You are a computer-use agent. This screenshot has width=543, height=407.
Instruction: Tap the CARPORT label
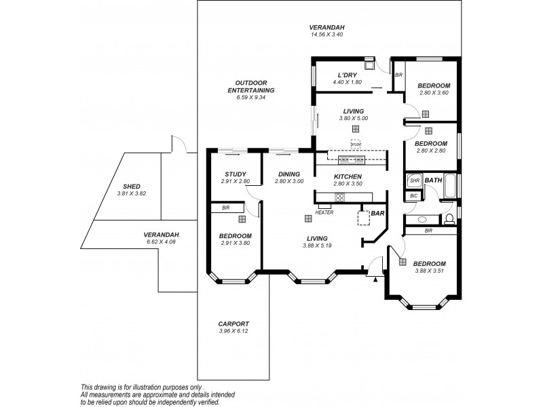click(233, 324)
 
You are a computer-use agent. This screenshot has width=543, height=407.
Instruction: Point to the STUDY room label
click(235, 174)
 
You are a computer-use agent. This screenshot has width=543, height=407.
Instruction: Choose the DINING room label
click(288, 174)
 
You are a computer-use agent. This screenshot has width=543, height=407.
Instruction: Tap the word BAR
click(377, 213)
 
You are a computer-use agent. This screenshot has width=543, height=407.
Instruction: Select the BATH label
click(434, 180)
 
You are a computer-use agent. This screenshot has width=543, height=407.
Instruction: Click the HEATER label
click(324, 212)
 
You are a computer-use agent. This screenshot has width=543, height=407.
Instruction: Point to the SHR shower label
click(414, 180)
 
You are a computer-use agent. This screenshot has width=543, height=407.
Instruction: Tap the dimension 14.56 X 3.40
click(327, 34)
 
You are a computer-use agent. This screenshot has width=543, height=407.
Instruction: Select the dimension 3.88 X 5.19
click(317, 246)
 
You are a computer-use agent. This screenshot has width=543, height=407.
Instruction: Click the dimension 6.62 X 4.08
click(161, 241)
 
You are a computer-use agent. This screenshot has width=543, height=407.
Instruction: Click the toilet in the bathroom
click(449, 219)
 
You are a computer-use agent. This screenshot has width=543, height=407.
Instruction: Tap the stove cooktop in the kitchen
click(339, 197)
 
